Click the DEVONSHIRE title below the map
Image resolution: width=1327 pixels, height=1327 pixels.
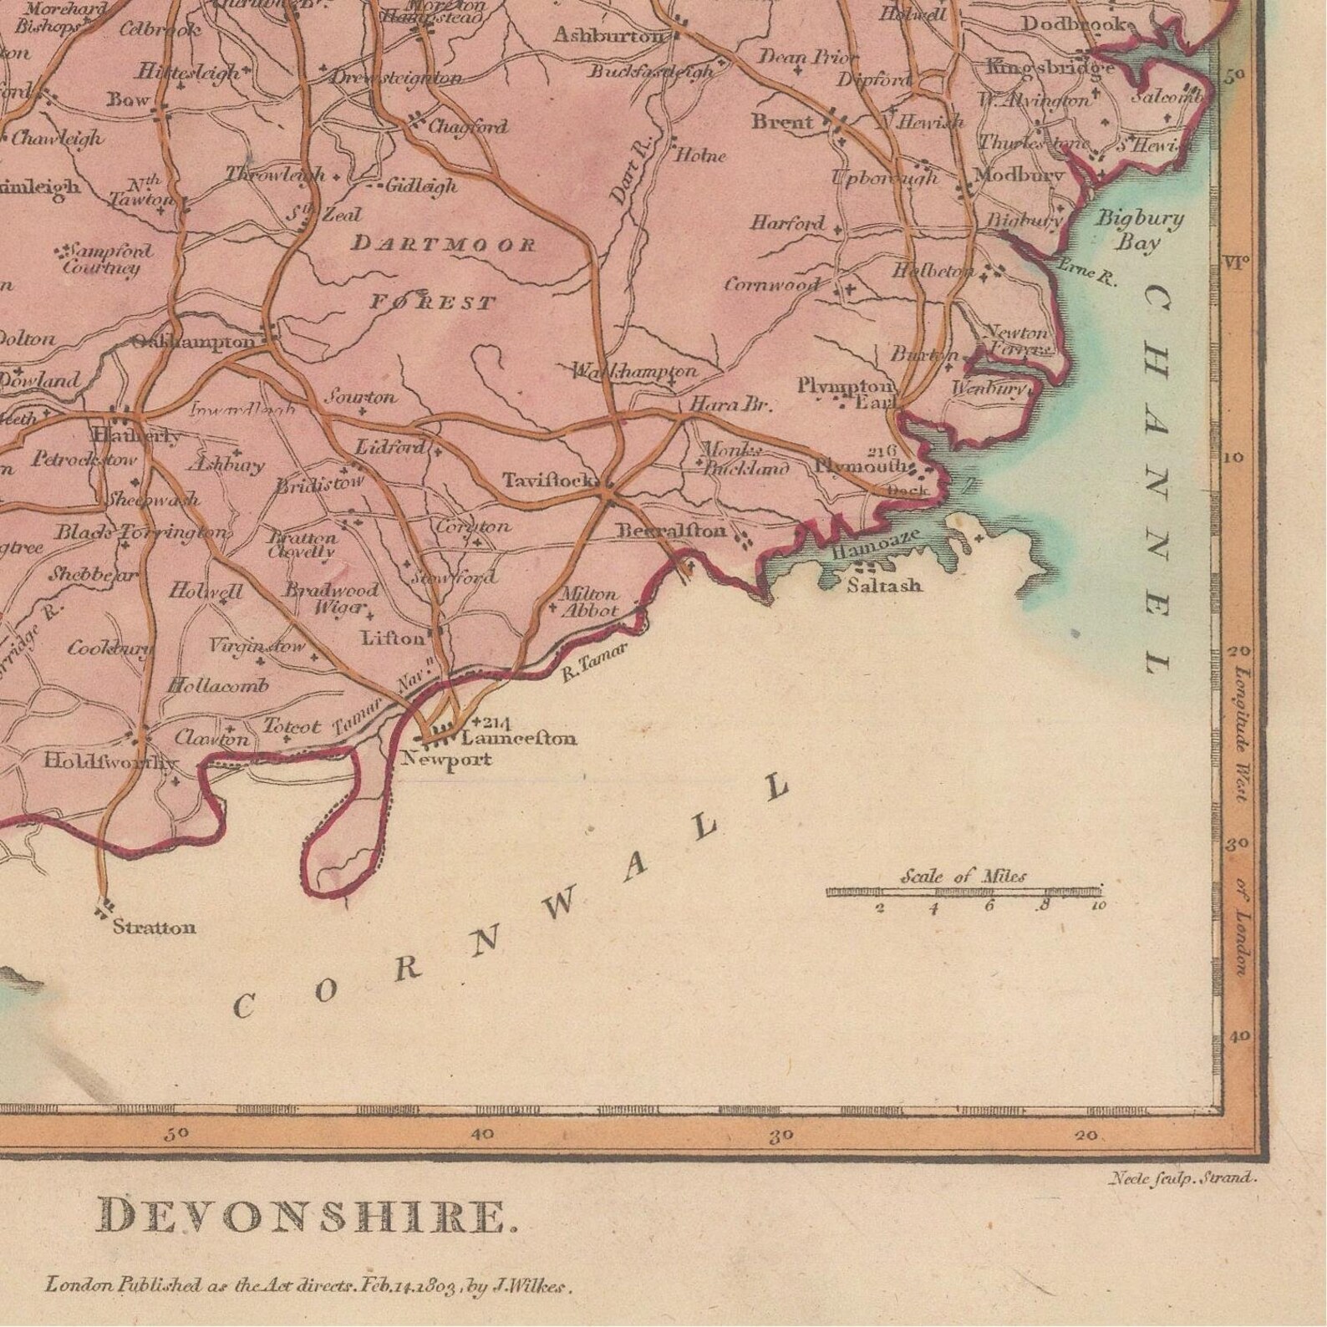[308, 1217]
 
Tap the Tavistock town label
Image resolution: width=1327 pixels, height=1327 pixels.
[548, 480]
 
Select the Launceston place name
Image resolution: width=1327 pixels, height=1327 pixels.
[518, 739]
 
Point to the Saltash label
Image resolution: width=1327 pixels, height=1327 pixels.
[884, 585]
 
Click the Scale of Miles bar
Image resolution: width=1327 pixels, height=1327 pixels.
[963, 892]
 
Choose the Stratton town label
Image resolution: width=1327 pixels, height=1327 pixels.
[154, 927]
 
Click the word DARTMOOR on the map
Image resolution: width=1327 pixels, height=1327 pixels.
[443, 244]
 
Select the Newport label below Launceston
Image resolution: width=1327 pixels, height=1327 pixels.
[446, 760]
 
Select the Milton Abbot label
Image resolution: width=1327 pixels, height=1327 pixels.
[588, 602]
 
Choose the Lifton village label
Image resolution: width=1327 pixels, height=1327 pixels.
[392, 638]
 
